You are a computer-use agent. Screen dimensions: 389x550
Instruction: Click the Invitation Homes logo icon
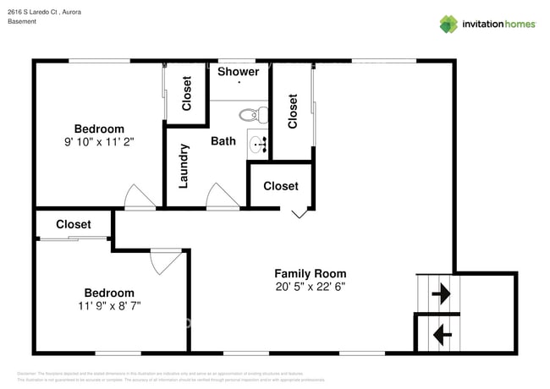(x=448, y=24)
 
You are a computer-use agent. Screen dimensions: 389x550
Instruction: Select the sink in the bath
(x=259, y=144)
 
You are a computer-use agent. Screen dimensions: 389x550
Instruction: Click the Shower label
(x=238, y=72)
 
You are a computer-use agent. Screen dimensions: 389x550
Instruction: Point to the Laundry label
(x=184, y=165)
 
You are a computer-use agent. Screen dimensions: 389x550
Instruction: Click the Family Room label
(x=310, y=273)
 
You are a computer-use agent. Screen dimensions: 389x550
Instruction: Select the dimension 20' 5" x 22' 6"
(x=310, y=287)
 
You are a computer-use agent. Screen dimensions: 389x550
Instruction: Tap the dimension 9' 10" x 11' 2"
(x=99, y=142)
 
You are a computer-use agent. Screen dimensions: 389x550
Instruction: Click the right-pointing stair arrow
(x=441, y=294)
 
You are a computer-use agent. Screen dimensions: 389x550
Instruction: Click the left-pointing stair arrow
(x=441, y=336)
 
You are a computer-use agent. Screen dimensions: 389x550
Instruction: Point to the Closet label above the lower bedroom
(x=74, y=224)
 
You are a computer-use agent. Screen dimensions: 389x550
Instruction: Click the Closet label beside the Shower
(x=187, y=93)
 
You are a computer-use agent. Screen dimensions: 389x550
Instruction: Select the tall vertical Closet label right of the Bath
(x=293, y=111)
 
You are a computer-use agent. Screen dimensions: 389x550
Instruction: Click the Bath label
(x=223, y=141)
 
